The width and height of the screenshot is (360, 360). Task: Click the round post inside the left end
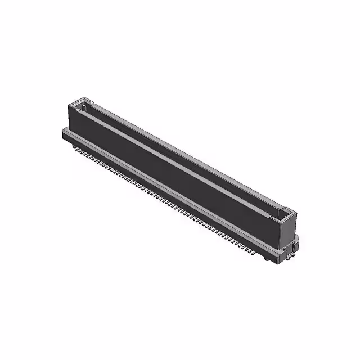coord(84,105)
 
